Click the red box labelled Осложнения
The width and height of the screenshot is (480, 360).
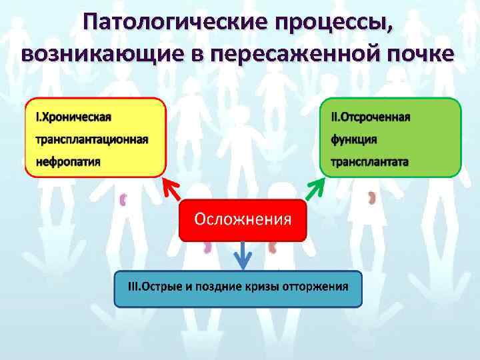click(243, 220)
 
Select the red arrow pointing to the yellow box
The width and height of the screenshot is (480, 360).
click(171, 190)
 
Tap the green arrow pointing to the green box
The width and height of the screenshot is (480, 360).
click(314, 190)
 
